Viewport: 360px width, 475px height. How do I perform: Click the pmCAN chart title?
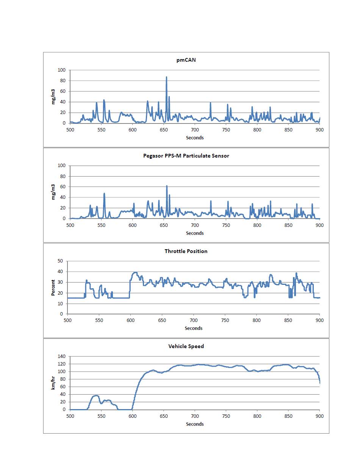[186, 60]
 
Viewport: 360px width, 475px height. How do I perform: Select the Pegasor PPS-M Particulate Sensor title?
[186, 156]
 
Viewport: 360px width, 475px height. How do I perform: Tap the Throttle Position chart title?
[186, 251]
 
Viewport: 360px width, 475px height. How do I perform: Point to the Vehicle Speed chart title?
[186, 346]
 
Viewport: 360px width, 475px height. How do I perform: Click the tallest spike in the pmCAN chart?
[166, 77]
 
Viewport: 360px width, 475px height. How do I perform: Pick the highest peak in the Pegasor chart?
[167, 186]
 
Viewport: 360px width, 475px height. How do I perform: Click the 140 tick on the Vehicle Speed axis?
[61, 356]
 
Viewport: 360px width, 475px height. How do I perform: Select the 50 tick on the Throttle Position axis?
[60, 261]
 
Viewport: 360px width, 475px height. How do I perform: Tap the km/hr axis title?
[53, 383]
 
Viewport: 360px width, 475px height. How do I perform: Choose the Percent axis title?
[53, 287]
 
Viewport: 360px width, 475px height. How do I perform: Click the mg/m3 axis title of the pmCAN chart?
[53, 97]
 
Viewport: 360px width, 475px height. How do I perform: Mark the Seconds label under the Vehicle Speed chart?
[195, 424]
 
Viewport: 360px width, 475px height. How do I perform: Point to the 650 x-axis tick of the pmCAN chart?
[164, 130]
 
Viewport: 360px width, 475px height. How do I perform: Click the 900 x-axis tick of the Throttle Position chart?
[319, 320]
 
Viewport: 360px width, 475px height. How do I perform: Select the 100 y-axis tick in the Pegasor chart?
[61, 166]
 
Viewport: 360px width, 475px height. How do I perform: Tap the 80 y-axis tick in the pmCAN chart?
[63, 81]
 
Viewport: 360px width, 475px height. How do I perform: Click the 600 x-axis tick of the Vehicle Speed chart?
[133, 416]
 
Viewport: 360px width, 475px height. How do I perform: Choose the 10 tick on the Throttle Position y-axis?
[60, 304]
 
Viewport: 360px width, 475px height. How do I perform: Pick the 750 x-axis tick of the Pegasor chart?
[226, 225]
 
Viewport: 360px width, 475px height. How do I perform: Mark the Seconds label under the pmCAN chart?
[195, 137]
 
